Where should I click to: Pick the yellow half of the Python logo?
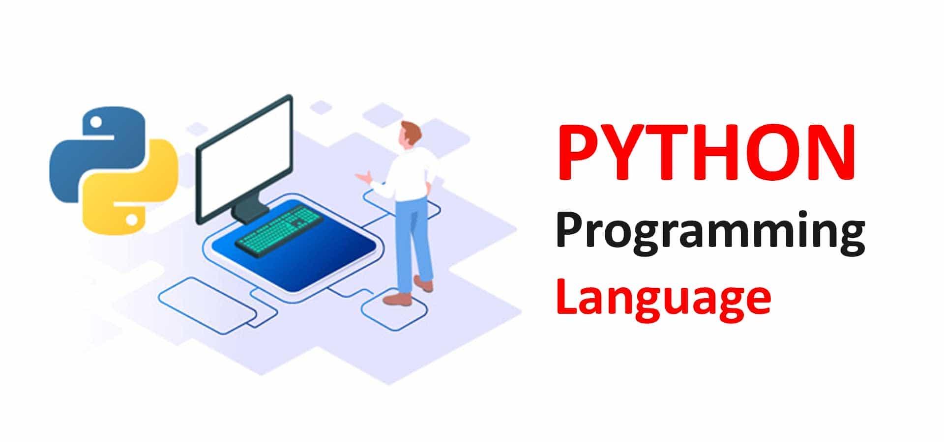130,189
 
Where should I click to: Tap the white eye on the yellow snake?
131,219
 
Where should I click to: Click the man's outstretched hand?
363,177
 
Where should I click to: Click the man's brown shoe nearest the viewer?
397,299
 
